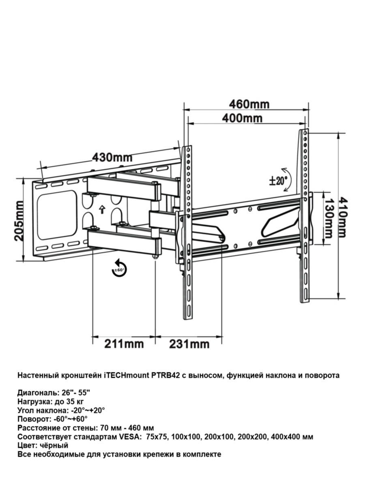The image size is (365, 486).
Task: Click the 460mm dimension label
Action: point(249,104)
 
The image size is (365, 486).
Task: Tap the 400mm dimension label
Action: point(242,118)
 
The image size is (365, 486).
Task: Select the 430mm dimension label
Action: point(112,158)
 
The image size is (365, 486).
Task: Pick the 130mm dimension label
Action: point(328,218)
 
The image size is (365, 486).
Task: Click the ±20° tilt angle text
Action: point(278,181)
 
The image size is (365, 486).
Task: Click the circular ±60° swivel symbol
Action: point(119,269)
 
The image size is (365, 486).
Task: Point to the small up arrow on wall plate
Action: point(102,209)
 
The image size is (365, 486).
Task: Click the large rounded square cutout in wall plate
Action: point(57,215)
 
